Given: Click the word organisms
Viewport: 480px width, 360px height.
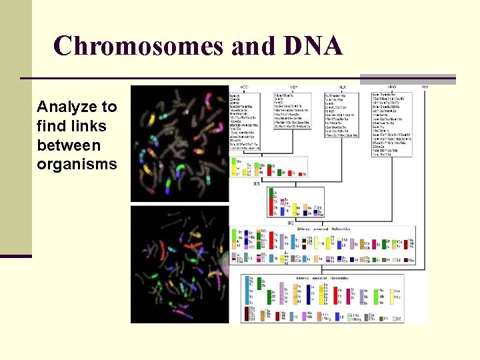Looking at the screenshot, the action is (77, 164).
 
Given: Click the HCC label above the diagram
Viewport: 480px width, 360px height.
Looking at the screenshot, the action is (244, 87).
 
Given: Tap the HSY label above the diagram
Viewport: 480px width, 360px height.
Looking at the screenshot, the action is (293, 87).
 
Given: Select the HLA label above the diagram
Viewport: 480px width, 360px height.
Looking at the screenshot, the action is (341, 87).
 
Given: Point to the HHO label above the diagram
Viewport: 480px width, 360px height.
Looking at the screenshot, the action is (393, 87).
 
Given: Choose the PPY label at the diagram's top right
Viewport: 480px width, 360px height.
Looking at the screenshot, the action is (425, 87).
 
